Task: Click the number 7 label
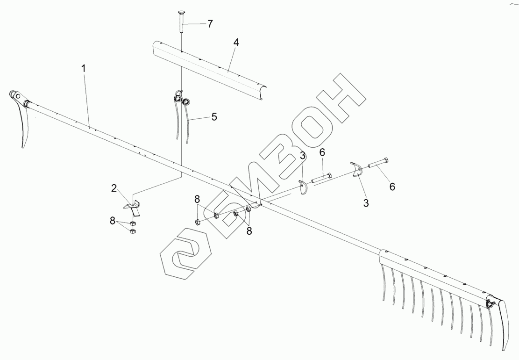[210, 24]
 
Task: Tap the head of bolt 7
[182, 13]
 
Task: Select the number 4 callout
[236, 43]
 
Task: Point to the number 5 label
[214, 117]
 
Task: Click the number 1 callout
[84, 68]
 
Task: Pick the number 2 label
[114, 188]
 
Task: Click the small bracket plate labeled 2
[133, 206]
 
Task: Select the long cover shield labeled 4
[210, 70]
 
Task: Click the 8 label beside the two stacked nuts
[113, 221]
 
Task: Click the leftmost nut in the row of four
[198, 221]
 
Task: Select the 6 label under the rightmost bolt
[392, 187]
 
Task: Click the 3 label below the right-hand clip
[366, 203]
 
